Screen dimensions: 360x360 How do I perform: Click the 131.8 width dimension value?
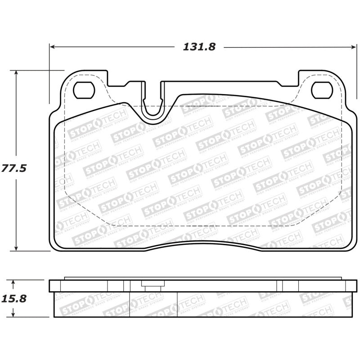[x=199, y=47]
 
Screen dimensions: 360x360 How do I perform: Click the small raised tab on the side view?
[x=153, y=283]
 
